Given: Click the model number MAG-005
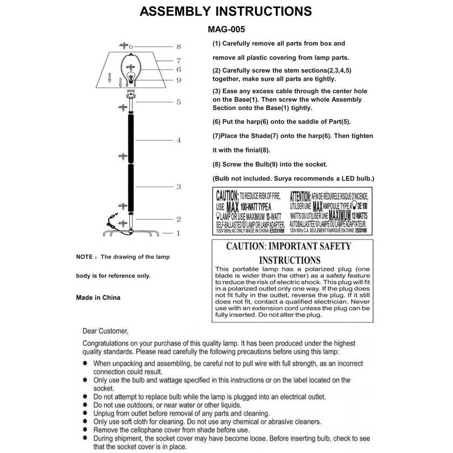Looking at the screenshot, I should tap(226, 30).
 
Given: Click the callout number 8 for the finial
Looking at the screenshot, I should tap(179, 47).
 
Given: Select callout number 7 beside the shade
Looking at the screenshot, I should tap(179, 60).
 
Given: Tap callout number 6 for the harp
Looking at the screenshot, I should tap(179, 70).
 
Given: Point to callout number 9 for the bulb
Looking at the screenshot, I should tap(179, 80).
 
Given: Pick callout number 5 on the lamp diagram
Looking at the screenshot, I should tap(179, 102).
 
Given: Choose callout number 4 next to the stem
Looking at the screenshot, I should tap(179, 140).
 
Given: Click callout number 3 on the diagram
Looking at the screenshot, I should tap(179, 187).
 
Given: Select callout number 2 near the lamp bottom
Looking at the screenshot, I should tap(179, 219).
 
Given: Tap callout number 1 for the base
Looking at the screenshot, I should tap(179, 233).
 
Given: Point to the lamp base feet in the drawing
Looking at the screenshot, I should tap(130, 232).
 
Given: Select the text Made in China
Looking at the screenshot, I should tap(98, 297).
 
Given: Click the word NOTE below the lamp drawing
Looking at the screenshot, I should tap(84, 257).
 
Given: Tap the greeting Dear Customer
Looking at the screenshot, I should tap(106, 331).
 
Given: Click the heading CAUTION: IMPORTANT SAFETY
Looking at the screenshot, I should tap(288, 246).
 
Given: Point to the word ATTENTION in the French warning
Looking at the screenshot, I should tap(300, 195).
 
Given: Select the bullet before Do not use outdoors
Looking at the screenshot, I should tap(86, 404).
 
